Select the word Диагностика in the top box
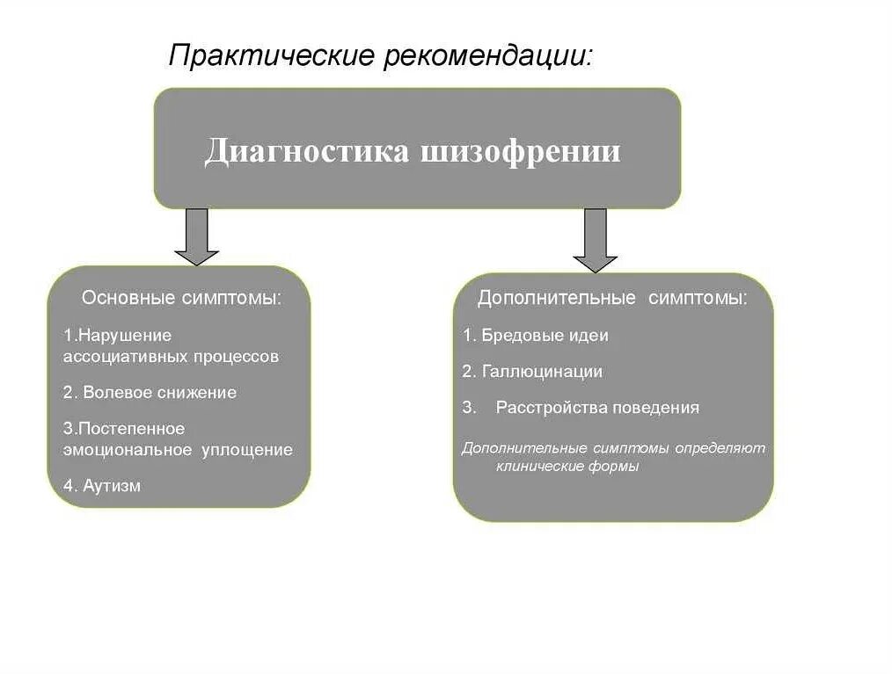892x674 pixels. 306,151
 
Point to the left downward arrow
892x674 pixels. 196,237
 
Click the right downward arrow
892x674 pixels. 596,241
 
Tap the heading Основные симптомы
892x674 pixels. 182,298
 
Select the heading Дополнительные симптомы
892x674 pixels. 612,298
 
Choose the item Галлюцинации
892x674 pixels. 542,372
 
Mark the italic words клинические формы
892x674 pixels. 567,467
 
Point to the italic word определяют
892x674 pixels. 721,448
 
